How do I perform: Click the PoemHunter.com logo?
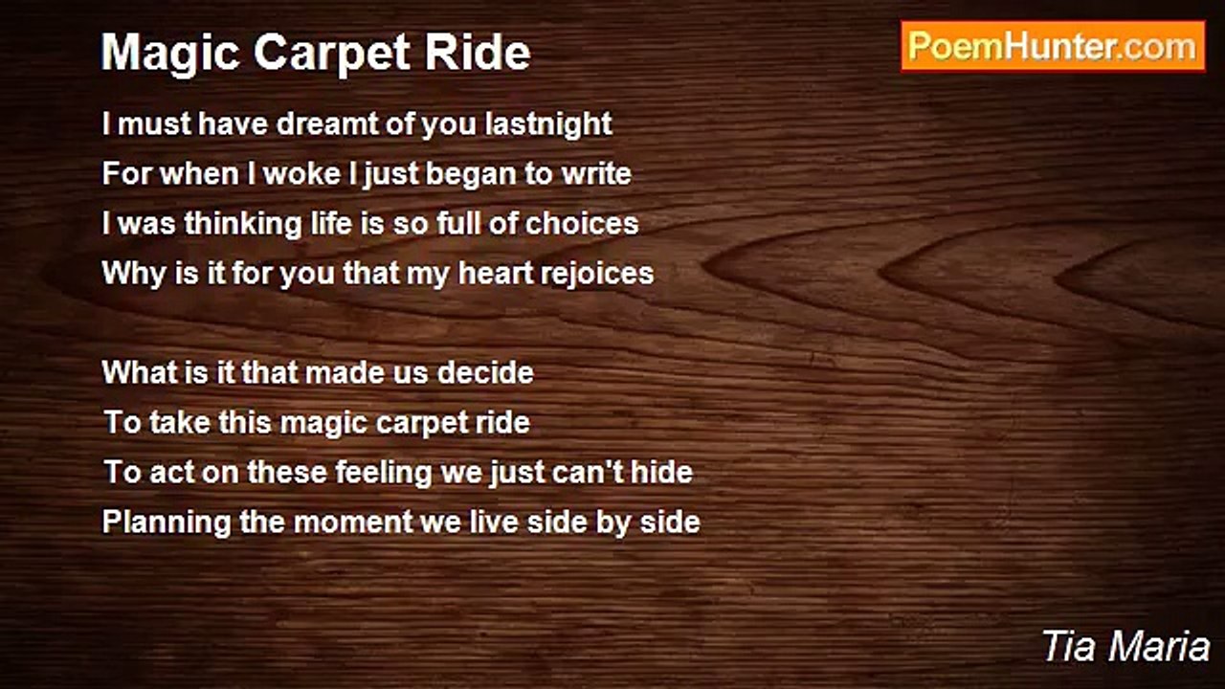(x=1053, y=47)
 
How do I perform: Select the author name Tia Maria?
(x=1125, y=647)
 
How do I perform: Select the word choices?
(x=582, y=224)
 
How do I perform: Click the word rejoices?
(x=596, y=274)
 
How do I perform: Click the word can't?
(x=588, y=473)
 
